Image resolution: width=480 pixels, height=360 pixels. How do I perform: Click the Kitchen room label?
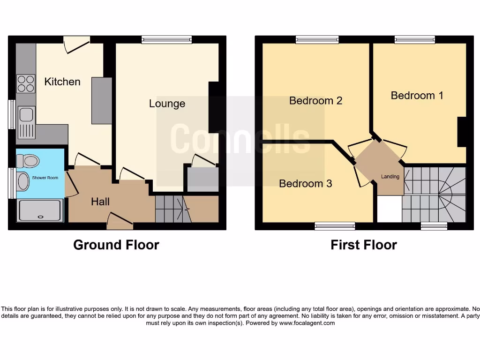point(62,82)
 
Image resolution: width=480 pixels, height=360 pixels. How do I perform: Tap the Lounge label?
point(167,104)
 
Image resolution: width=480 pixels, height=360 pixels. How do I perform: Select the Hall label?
point(100,202)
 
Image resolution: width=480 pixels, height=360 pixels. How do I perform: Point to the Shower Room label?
point(45,178)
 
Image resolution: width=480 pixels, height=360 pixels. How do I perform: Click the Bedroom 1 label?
point(417,96)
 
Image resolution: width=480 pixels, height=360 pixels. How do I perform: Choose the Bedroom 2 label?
point(315,100)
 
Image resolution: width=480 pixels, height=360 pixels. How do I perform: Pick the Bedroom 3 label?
point(305,183)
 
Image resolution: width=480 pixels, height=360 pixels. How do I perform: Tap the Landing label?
point(390,177)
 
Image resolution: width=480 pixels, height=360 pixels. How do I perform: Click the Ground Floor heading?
point(116,245)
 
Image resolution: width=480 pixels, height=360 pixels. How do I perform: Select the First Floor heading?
point(363,245)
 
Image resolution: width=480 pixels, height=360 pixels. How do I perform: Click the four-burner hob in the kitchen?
point(26,83)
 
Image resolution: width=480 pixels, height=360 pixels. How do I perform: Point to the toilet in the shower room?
point(28,161)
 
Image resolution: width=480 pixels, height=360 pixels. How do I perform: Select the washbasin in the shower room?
point(22,181)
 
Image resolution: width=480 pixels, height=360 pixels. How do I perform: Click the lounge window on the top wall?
point(166,40)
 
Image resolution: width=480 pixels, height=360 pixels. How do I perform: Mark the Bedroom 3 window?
point(335,226)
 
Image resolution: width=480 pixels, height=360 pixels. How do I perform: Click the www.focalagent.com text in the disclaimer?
point(307,323)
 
